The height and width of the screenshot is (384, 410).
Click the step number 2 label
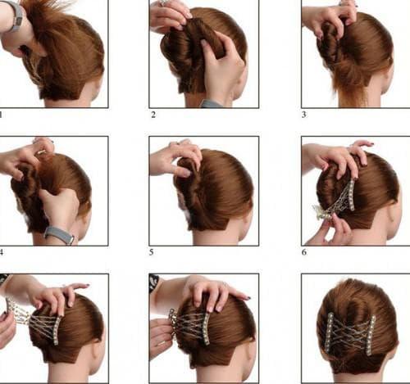tap(153, 115)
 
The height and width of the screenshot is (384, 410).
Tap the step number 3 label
tap(304, 115)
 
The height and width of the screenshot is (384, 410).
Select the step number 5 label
tap(152, 252)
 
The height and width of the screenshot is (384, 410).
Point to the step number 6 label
tap(304, 252)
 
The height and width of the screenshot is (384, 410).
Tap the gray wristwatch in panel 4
tap(60, 235)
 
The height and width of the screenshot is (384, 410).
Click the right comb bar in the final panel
tap(371, 336)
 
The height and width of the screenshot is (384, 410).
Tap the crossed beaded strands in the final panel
tap(350, 335)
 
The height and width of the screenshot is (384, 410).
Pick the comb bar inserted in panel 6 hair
tap(351, 195)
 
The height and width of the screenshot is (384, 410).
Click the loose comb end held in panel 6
tap(322, 212)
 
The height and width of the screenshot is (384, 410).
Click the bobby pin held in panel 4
tap(42, 151)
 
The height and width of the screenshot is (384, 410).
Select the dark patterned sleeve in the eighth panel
tap(153, 284)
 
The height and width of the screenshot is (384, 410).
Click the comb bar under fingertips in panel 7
tap(58, 330)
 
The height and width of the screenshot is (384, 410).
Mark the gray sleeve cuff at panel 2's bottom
tap(211, 104)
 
